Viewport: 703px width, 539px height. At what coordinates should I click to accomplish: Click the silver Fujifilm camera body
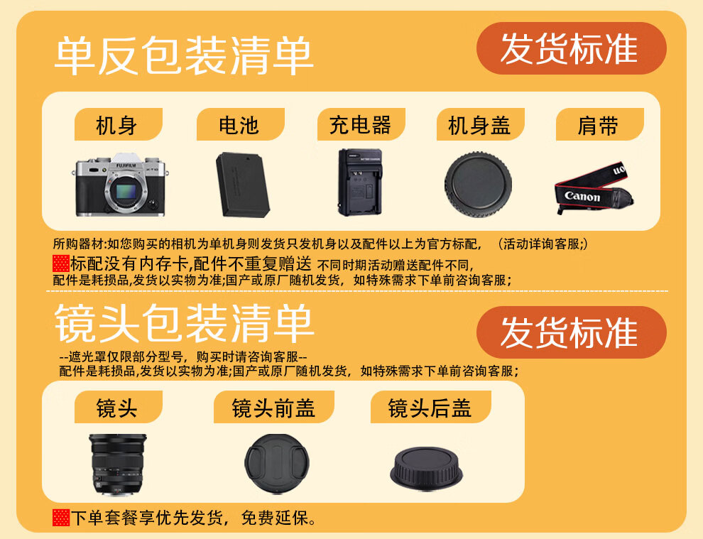tap(121, 185)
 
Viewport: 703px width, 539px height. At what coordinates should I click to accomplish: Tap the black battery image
tap(243, 185)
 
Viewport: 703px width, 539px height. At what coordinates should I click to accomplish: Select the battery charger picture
tap(360, 182)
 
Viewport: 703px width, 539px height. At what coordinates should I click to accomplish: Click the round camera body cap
tap(478, 185)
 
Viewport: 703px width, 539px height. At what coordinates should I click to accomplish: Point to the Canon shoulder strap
tap(594, 188)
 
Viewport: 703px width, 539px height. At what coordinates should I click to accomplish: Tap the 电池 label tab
tap(240, 124)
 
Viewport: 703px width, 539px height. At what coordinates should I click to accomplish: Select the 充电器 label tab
tap(361, 124)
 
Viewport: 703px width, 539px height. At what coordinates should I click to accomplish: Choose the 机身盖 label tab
tap(480, 124)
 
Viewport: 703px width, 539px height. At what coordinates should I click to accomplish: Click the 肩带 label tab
tap(599, 124)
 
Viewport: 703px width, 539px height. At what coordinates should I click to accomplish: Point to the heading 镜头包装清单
tap(183, 323)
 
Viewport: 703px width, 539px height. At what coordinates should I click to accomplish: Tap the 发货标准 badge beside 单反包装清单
tap(571, 48)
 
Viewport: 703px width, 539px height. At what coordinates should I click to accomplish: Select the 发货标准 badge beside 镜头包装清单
tap(571, 332)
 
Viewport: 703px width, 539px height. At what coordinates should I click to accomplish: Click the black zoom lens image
tap(117, 464)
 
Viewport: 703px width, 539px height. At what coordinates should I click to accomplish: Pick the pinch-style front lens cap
tap(277, 463)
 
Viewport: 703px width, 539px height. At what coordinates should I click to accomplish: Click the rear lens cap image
tap(426, 468)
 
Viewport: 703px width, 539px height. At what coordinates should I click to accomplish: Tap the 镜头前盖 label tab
tap(274, 407)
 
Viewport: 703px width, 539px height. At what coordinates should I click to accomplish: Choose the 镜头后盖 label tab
tap(431, 407)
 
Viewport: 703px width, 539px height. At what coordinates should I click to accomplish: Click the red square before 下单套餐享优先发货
tap(61, 518)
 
